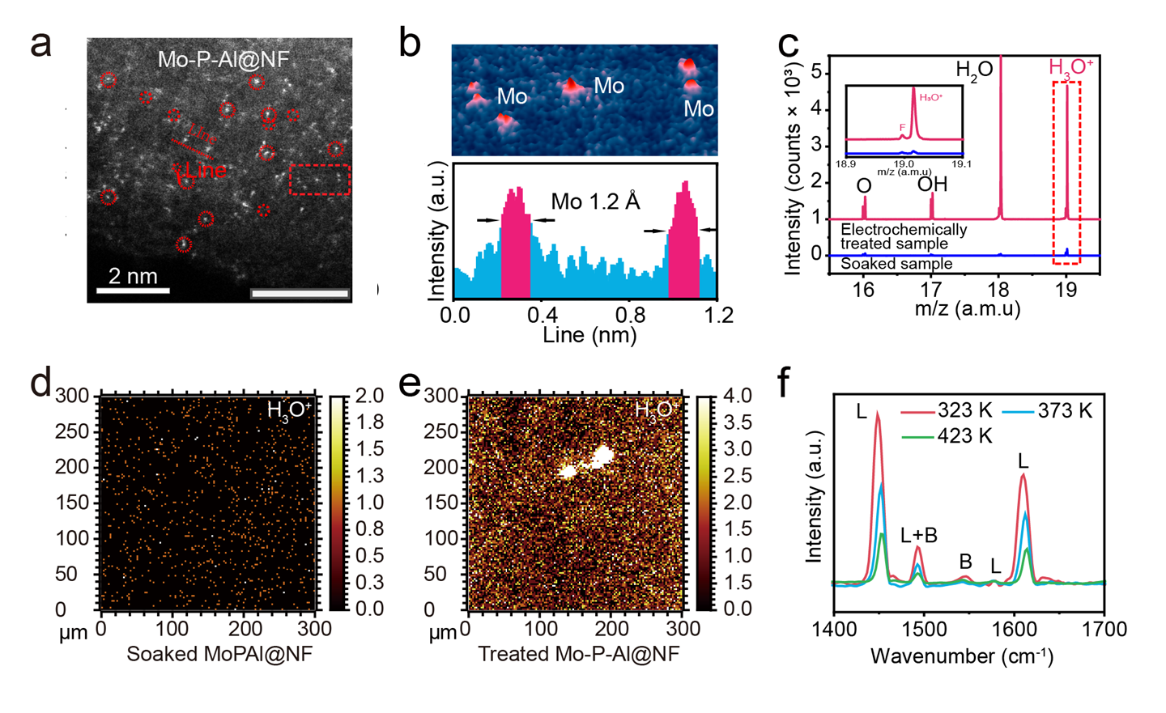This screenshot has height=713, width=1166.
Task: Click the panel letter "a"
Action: pos(40,45)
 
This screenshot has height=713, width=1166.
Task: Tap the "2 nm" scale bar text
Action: pos(133,276)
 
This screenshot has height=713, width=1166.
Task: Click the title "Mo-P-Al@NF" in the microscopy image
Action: pos(223,60)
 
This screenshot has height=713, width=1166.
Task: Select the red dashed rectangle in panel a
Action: pos(320,180)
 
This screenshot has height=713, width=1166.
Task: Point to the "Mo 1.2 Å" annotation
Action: pos(595,202)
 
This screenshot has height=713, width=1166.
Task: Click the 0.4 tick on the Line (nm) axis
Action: pos(543,314)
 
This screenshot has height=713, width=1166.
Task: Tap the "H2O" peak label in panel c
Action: pos(974,71)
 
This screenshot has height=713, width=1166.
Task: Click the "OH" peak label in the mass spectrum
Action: pos(932,185)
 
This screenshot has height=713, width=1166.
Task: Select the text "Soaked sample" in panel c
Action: pos(896,264)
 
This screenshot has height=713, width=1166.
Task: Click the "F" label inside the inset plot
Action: pos(902,127)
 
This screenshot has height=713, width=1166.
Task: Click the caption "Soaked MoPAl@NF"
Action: pos(219,654)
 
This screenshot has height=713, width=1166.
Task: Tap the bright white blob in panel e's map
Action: pos(588,463)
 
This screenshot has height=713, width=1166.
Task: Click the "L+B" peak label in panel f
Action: pos(918,535)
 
